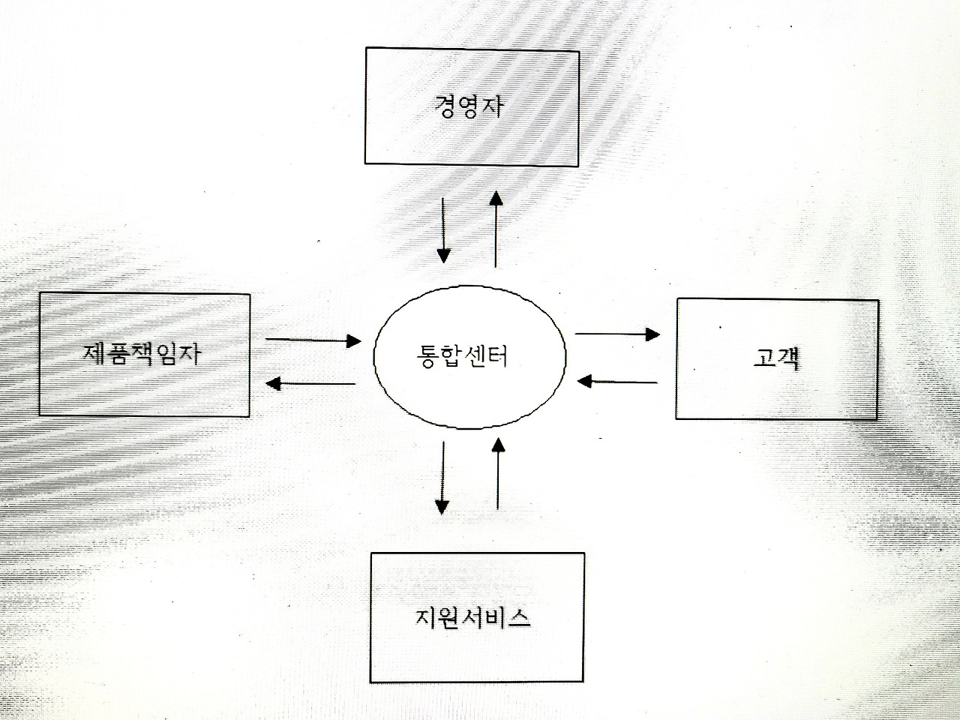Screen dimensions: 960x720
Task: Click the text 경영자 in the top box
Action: (469, 105)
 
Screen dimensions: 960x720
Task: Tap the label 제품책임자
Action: (142, 352)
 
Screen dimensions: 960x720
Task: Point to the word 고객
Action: (777, 359)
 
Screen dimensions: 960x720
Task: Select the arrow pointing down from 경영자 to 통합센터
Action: (443, 229)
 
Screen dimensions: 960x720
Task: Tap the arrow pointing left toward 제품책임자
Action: (311, 383)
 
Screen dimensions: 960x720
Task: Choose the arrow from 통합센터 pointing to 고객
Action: (617, 334)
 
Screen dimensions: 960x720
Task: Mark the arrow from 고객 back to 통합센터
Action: (617, 381)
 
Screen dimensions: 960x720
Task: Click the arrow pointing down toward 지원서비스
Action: (442, 477)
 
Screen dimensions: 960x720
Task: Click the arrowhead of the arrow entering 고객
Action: (653, 334)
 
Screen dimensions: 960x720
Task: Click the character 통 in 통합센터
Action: (426, 355)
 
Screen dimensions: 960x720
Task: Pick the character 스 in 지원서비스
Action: (518, 618)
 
